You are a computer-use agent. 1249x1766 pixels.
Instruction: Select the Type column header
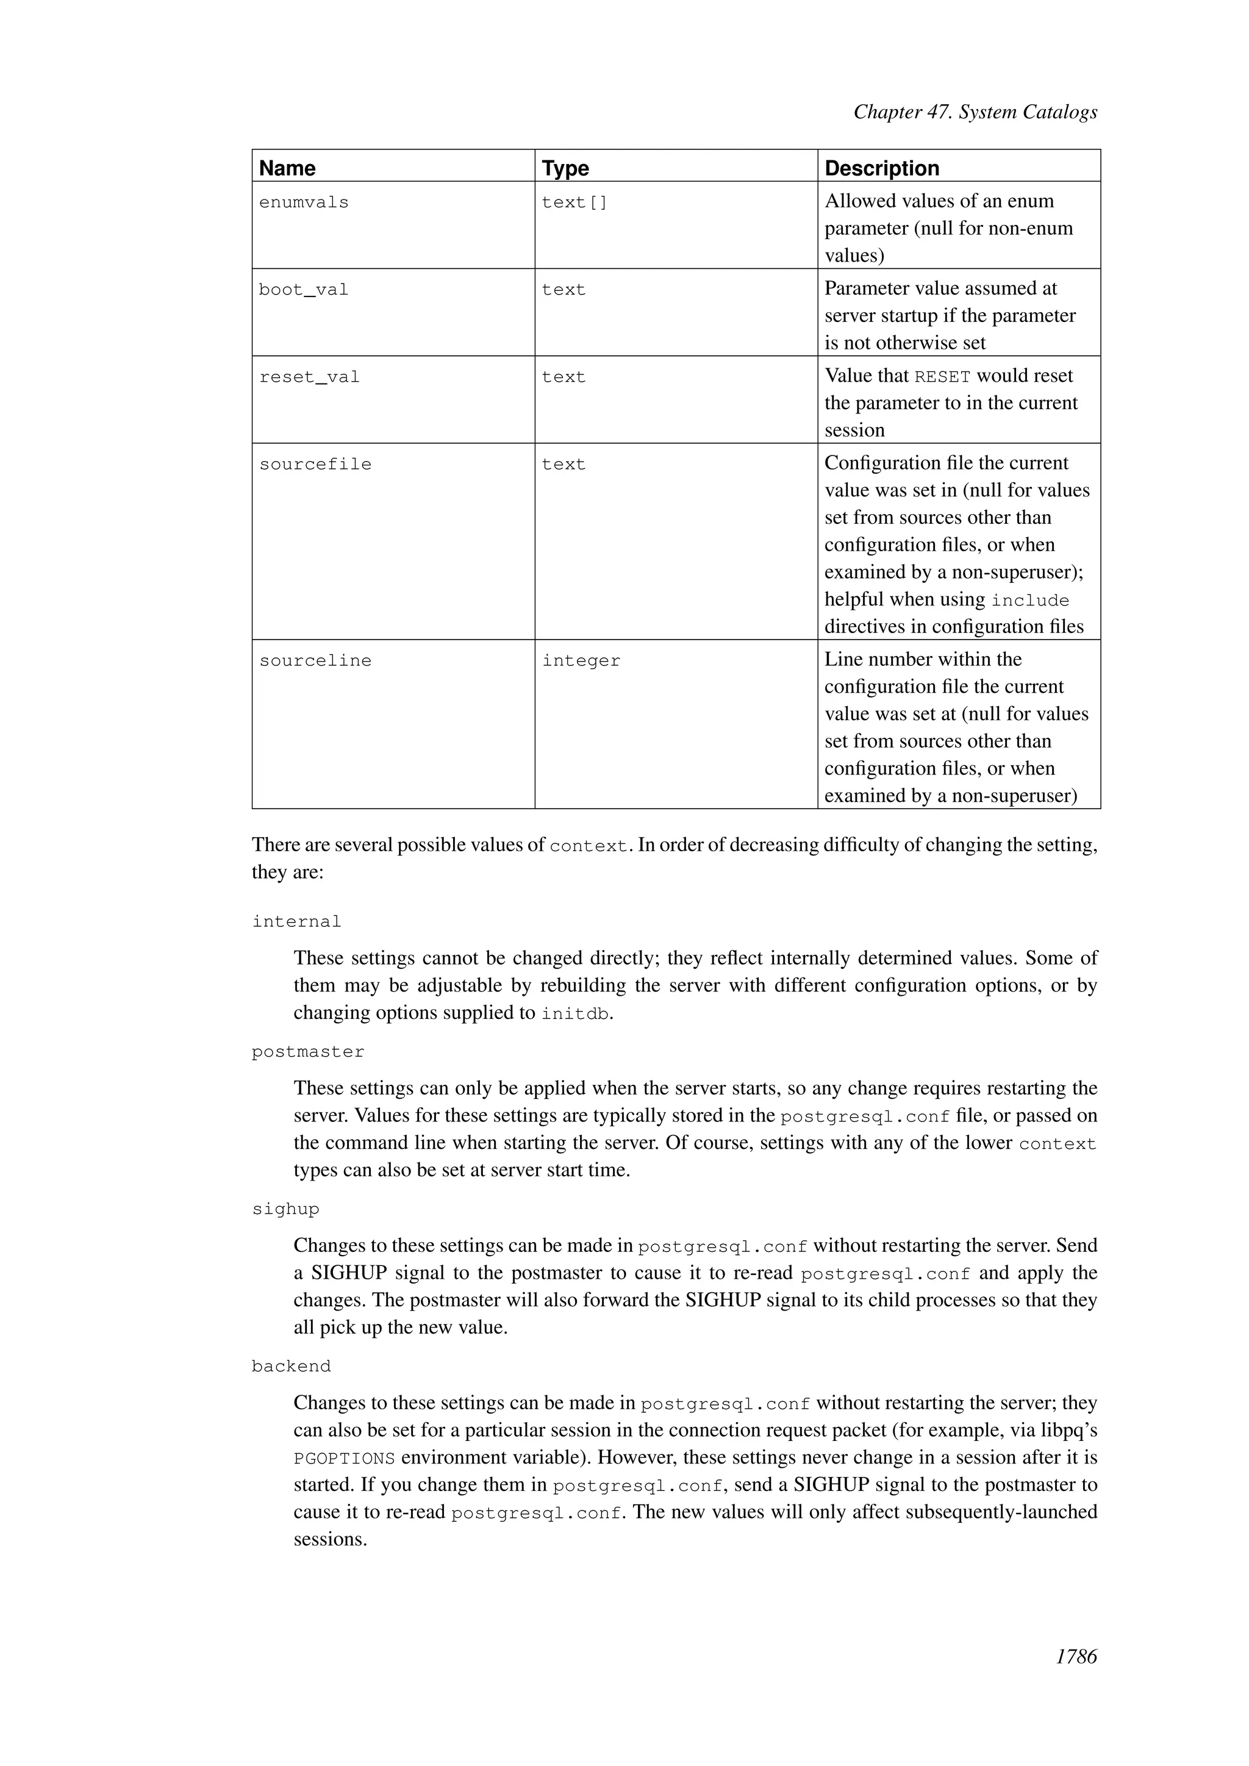565,168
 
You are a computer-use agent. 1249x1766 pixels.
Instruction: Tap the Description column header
881,168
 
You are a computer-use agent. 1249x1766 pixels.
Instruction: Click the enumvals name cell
304,202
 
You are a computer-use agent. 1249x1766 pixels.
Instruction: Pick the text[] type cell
574,202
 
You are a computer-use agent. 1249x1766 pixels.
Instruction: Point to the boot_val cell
304,290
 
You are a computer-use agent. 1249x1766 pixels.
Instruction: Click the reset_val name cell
309,377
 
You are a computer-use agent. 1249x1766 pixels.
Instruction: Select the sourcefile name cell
315,465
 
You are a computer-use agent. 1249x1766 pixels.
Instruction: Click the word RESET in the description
942,377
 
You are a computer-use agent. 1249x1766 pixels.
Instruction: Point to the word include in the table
1030,601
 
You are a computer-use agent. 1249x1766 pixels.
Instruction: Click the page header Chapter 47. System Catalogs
975,112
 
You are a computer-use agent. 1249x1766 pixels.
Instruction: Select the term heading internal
296,921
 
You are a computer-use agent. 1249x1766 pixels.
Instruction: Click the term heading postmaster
307,1051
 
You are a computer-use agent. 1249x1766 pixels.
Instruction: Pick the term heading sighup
285,1209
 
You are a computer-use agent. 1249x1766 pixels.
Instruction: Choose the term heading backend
291,1367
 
